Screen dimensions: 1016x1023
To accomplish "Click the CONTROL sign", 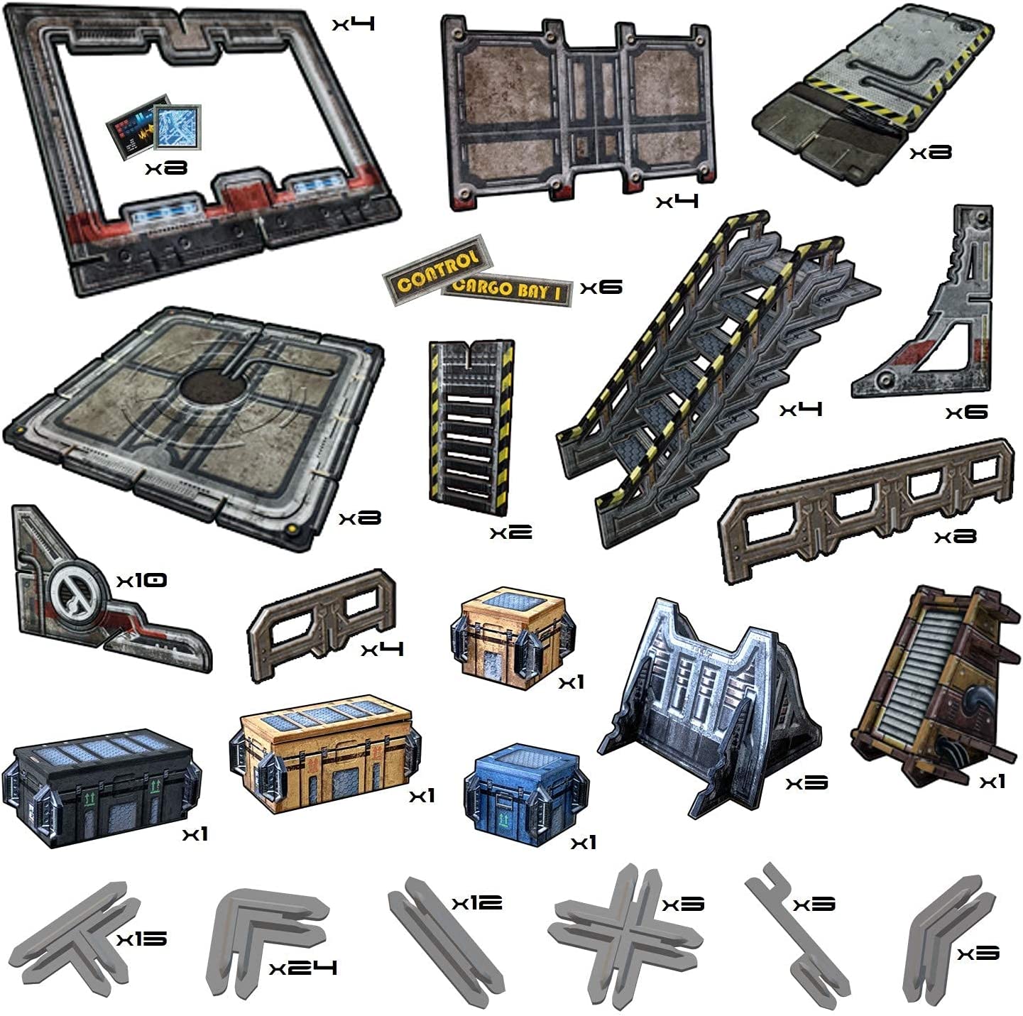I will point(437,268).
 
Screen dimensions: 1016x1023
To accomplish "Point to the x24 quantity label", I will point(303,967).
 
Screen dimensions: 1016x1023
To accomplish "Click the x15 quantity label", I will point(142,939).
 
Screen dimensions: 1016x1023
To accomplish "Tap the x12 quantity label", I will point(477,902).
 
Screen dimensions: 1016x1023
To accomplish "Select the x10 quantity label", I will point(142,580).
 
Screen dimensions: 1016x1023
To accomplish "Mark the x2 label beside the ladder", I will point(510,532).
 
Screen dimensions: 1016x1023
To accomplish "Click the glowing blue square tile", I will point(177,127).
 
